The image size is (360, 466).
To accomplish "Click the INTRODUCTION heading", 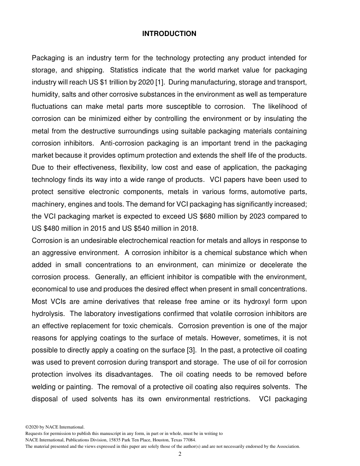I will pyautogui.click(x=169, y=34).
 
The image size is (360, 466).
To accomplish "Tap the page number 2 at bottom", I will pyautogui.click(x=180, y=454).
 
